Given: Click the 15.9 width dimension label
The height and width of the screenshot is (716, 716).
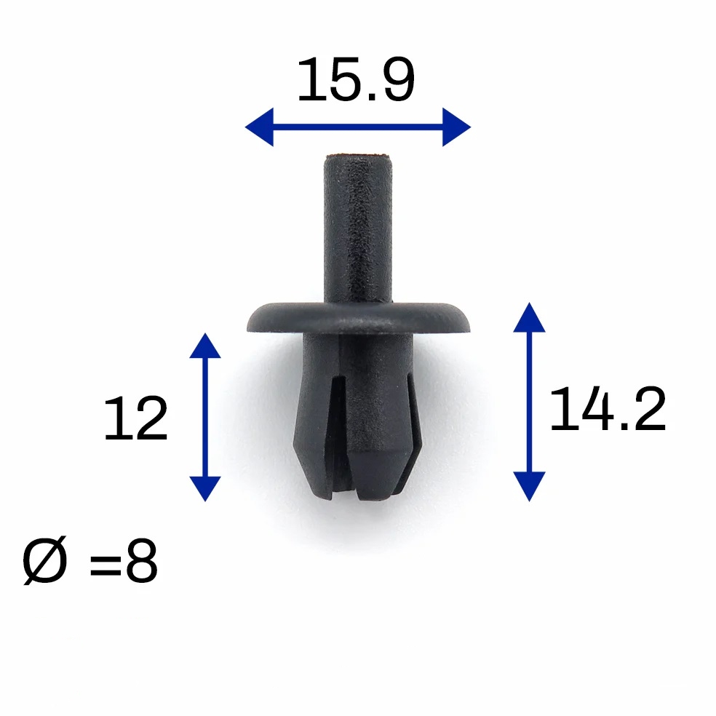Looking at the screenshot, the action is coord(356,80).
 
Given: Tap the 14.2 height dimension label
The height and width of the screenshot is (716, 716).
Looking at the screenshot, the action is coord(608,409).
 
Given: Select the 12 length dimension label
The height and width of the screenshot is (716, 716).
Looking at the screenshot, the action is coord(135,418).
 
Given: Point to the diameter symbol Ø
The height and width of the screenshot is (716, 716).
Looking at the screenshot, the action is coord(45,560).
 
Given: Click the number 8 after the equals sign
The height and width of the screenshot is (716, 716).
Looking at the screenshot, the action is coord(142,560).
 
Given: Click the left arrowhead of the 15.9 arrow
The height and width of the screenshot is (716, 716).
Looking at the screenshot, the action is coord(259,127).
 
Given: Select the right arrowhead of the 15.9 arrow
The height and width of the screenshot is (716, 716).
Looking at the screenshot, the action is coord(457,127).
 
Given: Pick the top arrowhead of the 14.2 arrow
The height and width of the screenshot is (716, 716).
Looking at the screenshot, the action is coord(529,317).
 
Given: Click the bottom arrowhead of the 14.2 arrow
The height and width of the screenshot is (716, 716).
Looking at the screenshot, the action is coord(529,486).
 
